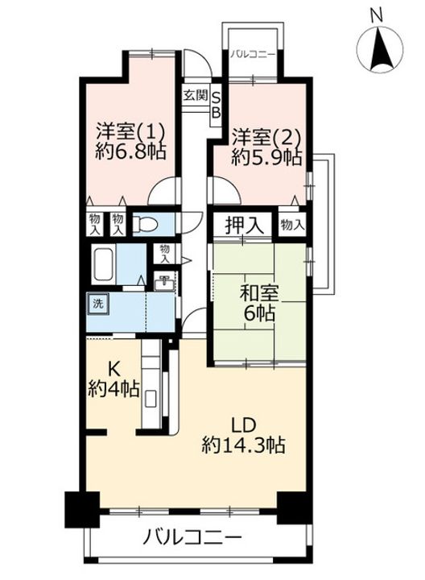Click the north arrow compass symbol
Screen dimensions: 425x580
[x=381, y=49]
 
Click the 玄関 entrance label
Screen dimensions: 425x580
[x=196, y=95]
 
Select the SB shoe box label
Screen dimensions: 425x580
[x=216, y=105]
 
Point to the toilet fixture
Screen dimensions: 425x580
[x=145, y=224]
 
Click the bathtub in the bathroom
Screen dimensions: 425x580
[x=105, y=264]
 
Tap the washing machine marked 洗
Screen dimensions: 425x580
[x=98, y=304]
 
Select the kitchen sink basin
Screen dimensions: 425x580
[x=151, y=400]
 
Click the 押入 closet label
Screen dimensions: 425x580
[x=244, y=225]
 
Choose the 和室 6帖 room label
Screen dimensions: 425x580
[x=259, y=304]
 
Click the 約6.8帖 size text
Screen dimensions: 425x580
[x=130, y=151]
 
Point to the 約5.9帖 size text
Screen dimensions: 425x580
[x=266, y=157]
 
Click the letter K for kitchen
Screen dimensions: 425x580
[x=113, y=368]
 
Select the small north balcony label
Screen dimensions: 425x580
[x=254, y=55]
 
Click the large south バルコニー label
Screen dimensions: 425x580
[x=192, y=536]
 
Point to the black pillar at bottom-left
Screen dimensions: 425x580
[x=83, y=509]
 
